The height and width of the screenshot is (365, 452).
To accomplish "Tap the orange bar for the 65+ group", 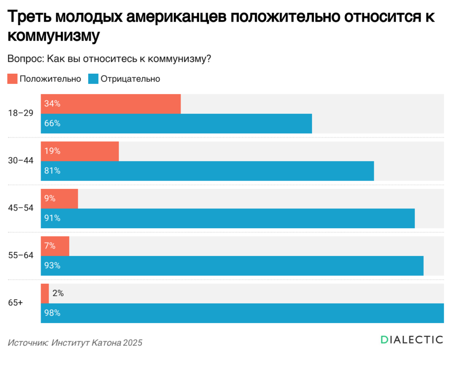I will (x=45, y=294).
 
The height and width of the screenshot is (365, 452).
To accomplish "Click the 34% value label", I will (x=52, y=104).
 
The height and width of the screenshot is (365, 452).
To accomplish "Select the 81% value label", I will (x=52, y=171).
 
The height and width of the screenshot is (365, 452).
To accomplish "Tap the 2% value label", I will (x=58, y=294).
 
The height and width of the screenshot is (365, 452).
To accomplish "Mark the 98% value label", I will (x=52, y=313).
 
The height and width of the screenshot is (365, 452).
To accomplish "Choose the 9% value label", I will (x=50, y=199).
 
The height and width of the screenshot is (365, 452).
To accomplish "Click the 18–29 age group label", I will (x=21, y=113).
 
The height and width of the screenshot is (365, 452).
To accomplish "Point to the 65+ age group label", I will (x=15, y=303).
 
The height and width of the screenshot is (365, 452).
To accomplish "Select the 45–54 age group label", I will (x=21, y=208).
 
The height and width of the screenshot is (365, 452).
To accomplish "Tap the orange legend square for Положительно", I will (x=12, y=79).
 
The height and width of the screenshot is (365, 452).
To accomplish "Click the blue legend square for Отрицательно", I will (x=94, y=79).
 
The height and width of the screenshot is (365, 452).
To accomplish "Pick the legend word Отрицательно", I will (x=130, y=79).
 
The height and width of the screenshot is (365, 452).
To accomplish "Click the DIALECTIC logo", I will (x=411, y=339).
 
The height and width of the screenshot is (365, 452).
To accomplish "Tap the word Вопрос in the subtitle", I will (x=25, y=59).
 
